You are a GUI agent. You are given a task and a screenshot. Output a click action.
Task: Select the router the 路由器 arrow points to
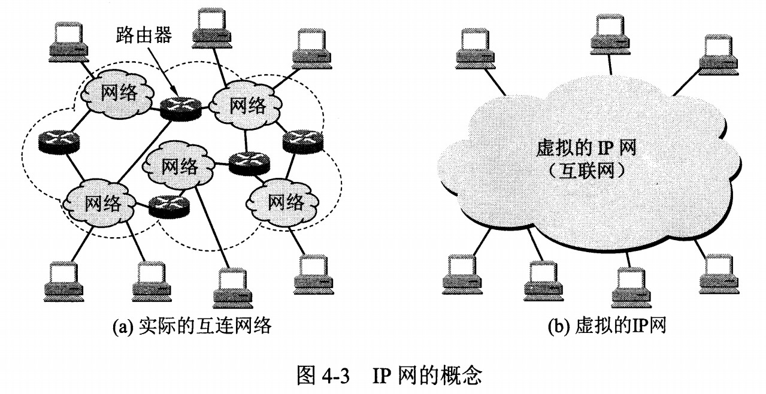pos(179,107)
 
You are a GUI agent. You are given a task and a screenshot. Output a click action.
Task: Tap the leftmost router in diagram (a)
pos(58,141)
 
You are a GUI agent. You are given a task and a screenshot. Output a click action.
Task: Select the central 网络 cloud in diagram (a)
pos(179,165)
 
